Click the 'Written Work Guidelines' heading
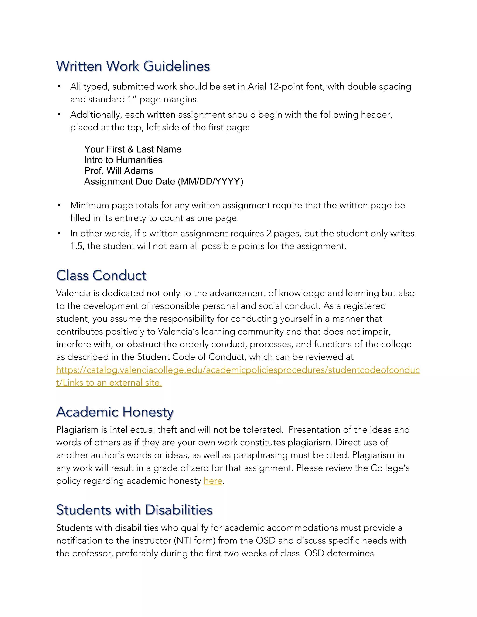click(133, 66)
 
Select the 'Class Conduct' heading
click(101, 275)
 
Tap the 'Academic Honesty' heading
click(115, 412)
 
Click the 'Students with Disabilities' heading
click(134, 510)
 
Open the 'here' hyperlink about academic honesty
click(213, 481)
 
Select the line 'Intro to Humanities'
click(123, 160)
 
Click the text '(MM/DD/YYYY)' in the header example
click(210, 181)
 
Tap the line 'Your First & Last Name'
click(133, 149)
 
